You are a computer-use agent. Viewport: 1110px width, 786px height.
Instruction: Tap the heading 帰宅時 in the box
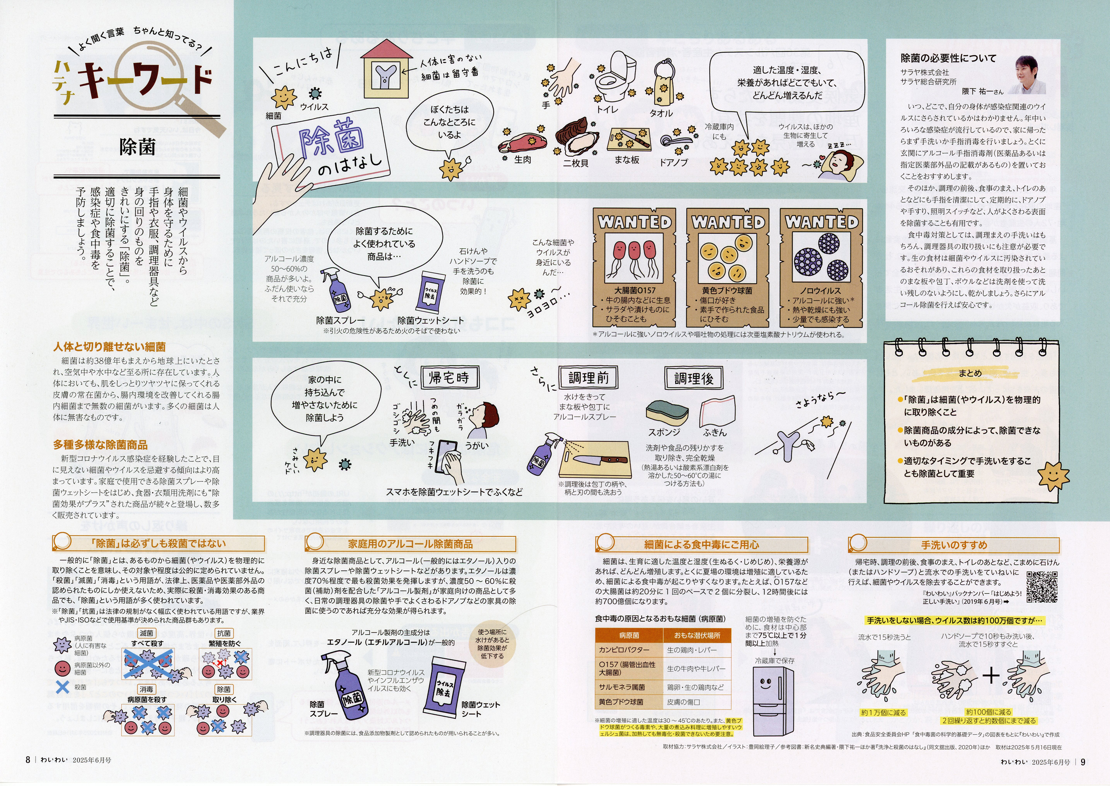point(449,378)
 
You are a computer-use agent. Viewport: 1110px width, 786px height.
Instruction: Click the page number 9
point(1083,762)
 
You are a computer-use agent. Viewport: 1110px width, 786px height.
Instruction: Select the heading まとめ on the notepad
point(970,373)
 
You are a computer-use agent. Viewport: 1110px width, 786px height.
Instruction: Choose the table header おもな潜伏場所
point(697,635)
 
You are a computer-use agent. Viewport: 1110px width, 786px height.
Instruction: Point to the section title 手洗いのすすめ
point(954,545)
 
